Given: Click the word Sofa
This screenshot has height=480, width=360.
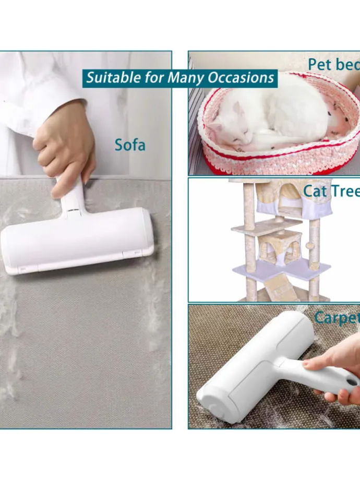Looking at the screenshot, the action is click(130, 145).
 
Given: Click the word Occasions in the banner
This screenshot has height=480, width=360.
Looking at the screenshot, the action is click(241, 78).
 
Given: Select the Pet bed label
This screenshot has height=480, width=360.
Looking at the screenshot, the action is click(334, 65).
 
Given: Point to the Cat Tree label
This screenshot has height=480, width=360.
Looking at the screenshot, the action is click(331, 191).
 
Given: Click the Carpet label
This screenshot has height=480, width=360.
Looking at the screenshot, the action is click(337, 317).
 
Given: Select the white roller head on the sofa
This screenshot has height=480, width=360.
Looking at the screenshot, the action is click(77, 241).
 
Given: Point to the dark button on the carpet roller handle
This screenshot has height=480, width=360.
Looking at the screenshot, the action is click(352, 382).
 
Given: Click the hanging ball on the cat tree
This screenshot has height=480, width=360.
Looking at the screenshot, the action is click(310, 246).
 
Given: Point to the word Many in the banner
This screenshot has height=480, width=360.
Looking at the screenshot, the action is click(186, 78).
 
